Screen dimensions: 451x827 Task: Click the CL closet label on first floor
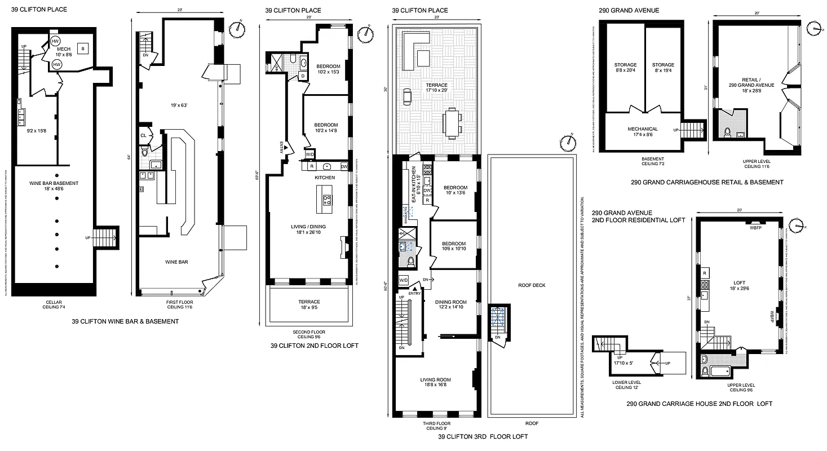(143, 135)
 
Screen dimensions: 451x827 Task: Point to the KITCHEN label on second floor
(325, 178)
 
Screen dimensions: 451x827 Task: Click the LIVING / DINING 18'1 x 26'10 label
(308, 230)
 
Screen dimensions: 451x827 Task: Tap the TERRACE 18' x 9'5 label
(308, 305)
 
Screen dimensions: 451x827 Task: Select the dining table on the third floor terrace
(452, 123)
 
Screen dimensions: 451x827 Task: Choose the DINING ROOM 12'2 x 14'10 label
(450, 305)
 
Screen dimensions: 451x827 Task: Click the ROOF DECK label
(532, 285)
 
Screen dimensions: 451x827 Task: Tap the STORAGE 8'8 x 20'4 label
(626, 68)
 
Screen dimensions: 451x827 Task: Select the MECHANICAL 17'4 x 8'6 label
(643, 132)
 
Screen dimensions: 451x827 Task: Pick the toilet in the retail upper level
(727, 133)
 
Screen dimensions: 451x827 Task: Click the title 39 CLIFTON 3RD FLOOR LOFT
(483, 436)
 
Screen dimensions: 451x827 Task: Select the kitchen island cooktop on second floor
(326, 200)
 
